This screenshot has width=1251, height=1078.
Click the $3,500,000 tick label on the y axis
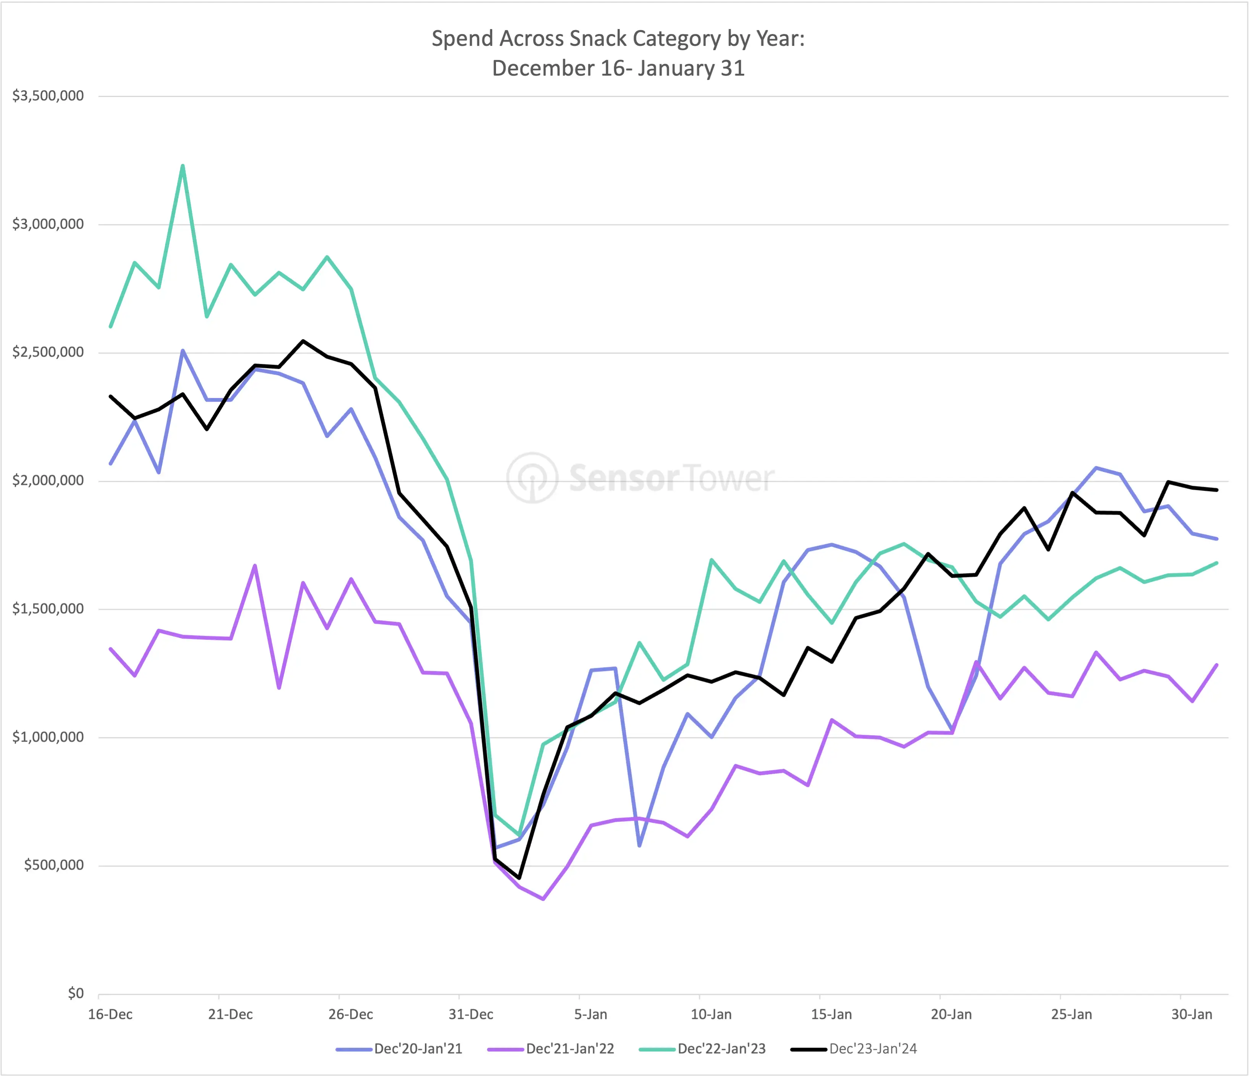[48, 95]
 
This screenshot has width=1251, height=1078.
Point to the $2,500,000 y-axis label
[48, 352]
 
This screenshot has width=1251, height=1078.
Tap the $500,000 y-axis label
[54, 865]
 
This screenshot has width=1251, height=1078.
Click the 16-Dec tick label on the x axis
[110, 1015]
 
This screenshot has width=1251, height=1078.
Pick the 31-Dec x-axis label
[471, 1015]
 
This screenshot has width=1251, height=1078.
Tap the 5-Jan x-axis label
[591, 1015]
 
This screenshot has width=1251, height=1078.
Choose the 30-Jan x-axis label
[1192, 1015]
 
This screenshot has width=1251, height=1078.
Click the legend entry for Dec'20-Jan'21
[399, 1049]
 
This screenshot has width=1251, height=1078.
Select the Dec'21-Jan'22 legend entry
[550, 1049]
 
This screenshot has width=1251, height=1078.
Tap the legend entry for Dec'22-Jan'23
[702, 1049]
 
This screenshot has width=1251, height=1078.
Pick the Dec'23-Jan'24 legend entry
[854, 1049]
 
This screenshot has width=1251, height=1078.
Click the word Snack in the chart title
[598, 39]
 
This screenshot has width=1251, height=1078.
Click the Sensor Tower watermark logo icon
[532, 478]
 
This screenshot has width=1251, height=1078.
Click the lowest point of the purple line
[543, 899]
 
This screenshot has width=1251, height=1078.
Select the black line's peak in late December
[303, 341]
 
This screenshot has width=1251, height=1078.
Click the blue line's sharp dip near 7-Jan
[639, 845]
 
